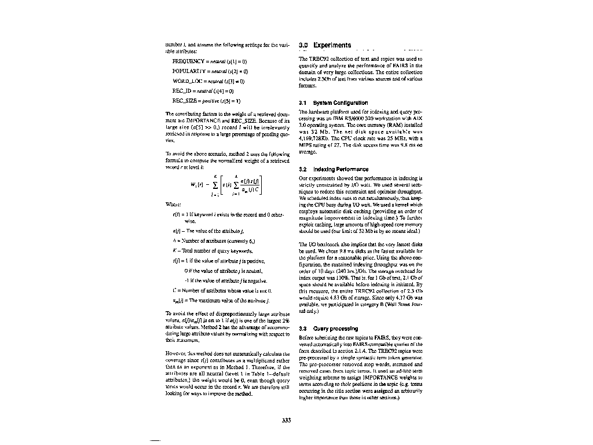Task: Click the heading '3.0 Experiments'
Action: pyautogui.click(x=325, y=45)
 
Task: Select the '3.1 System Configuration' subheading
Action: pyautogui.click(x=331, y=103)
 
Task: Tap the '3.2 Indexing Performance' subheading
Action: pyautogui.click(x=333, y=169)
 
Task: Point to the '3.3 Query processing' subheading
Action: pyautogui.click(x=328, y=329)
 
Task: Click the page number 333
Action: pyautogui.click(x=285, y=420)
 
